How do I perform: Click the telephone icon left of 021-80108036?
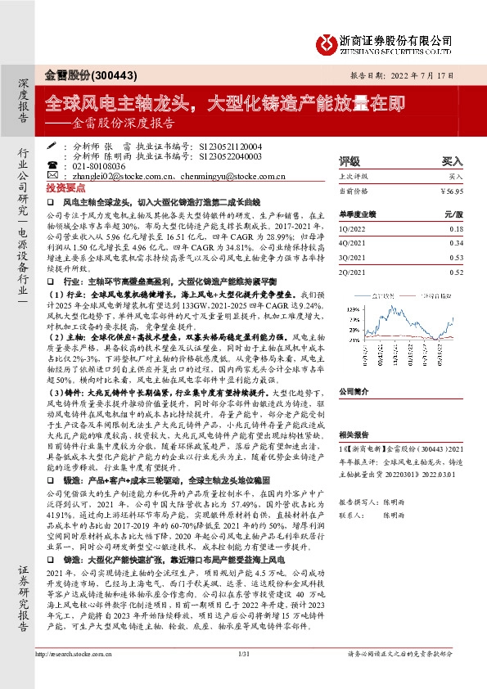tap(53, 164)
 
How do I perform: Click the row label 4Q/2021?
tap(352, 241)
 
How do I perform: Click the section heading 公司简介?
tap(354, 391)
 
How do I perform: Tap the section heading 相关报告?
tap(354, 436)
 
